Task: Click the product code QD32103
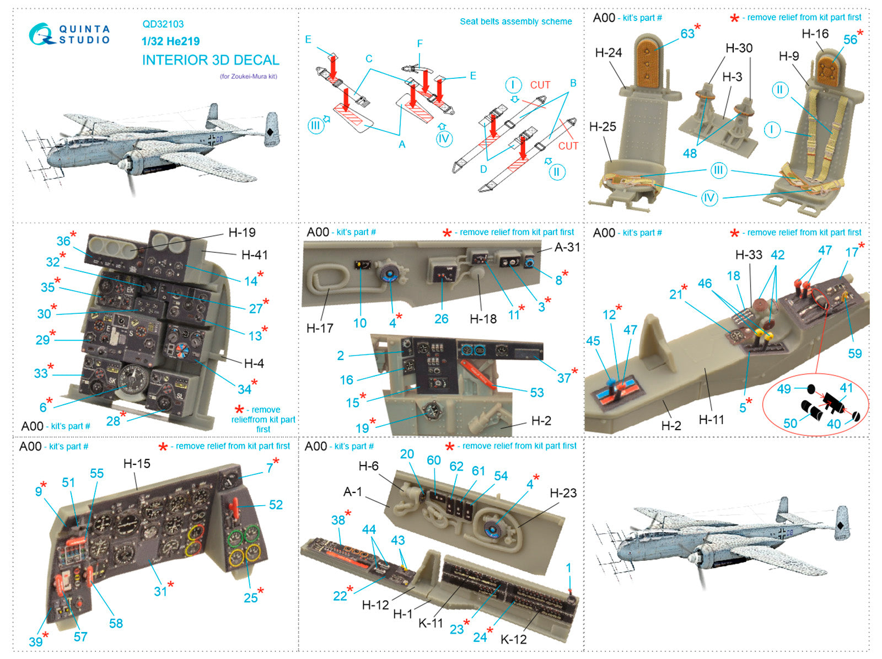(x=163, y=24)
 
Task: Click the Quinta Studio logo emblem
(x=41, y=34)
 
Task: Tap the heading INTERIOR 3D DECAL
(x=211, y=60)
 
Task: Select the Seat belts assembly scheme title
(x=515, y=22)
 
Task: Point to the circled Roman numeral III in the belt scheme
(x=315, y=126)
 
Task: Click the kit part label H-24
(x=608, y=53)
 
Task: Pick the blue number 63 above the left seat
(x=687, y=34)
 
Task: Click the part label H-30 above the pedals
(x=739, y=49)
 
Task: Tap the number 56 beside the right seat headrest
(x=850, y=40)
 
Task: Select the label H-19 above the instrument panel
(x=242, y=233)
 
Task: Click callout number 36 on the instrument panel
(x=63, y=241)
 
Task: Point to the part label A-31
(x=567, y=248)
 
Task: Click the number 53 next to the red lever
(x=537, y=393)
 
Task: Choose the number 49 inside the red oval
(x=784, y=389)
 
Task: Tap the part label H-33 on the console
(x=749, y=255)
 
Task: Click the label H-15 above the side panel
(x=137, y=464)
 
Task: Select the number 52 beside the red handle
(x=276, y=505)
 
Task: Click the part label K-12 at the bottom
(x=513, y=640)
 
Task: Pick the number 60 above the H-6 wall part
(x=434, y=460)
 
